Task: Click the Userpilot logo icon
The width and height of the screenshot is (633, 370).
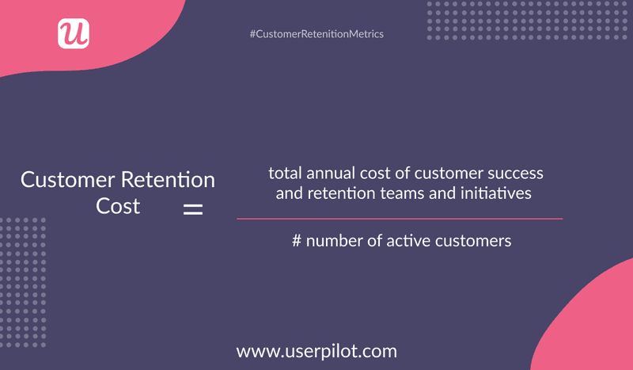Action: pyautogui.click(x=74, y=33)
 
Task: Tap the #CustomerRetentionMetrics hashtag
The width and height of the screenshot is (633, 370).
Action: pyautogui.click(x=316, y=34)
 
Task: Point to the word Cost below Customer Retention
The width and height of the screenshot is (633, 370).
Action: pyautogui.click(x=119, y=206)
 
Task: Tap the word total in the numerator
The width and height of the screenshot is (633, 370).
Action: pyautogui.click(x=283, y=173)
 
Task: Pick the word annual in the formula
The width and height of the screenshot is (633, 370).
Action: pyautogui.click(x=328, y=173)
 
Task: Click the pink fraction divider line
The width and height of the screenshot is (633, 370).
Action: pyautogui.click(x=400, y=218)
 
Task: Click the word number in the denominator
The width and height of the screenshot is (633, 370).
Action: pyautogui.click(x=333, y=240)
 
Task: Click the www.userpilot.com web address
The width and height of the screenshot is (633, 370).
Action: pyautogui.click(x=316, y=350)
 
